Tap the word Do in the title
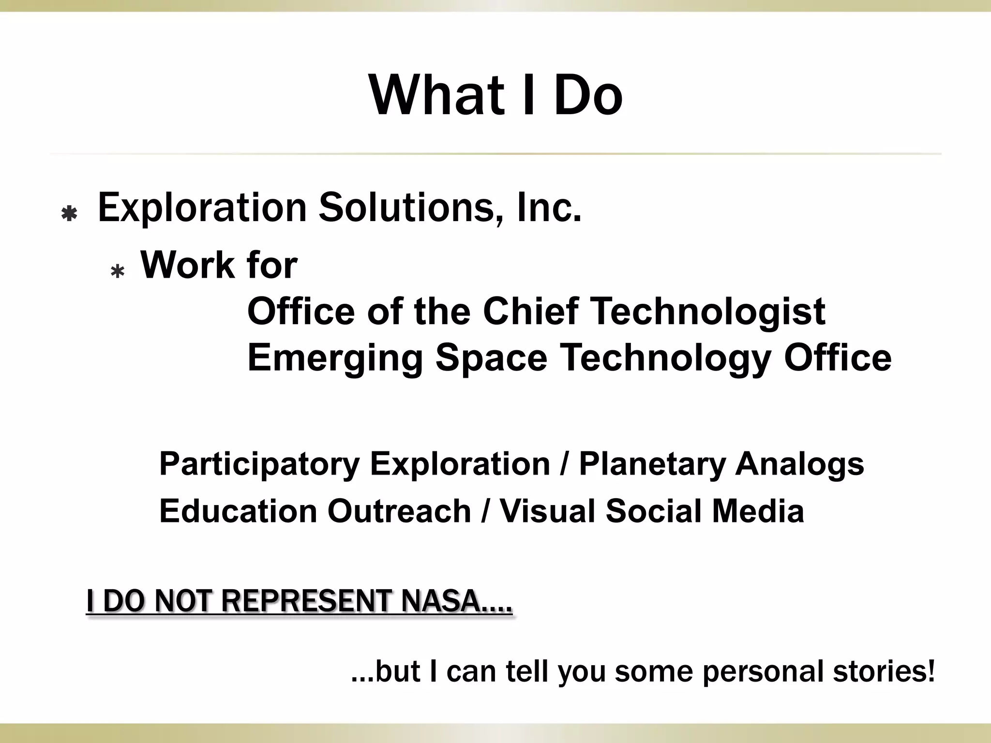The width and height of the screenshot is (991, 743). (x=588, y=95)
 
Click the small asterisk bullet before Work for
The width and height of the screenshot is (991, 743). (x=118, y=272)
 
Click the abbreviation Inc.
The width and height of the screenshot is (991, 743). (x=548, y=208)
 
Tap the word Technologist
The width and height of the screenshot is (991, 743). (x=708, y=312)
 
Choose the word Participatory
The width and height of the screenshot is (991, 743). (x=259, y=465)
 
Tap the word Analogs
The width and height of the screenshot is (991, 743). (x=799, y=465)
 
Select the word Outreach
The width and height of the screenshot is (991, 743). (x=399, y=511)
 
